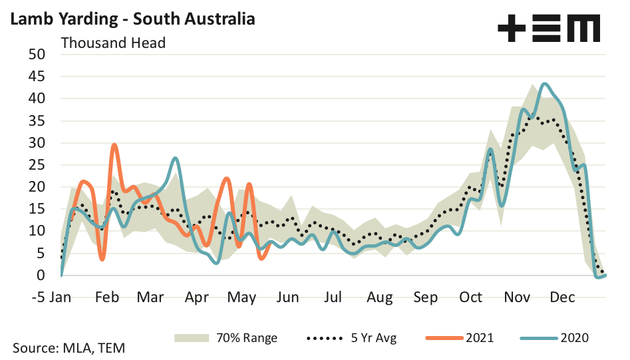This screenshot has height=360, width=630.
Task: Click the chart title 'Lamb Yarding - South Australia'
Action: pos(131,19)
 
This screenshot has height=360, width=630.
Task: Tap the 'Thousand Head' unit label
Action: pos(113,43)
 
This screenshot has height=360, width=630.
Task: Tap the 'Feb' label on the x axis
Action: pos(107,297)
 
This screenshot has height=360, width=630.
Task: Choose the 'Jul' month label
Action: pos(334,297)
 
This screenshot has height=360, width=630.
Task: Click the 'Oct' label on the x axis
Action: pos(470,297)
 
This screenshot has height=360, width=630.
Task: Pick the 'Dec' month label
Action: pos(562,297)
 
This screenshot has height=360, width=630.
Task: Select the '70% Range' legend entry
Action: pos(226,338)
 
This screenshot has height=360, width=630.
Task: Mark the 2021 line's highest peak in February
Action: pos(114,144)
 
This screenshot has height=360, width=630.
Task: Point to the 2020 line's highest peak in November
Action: pos(545,84)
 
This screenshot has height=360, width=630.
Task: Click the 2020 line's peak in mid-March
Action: pos(175,158)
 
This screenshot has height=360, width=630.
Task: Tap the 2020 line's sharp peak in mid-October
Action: pos(490,149)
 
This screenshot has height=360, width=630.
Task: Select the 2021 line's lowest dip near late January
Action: pos(102,259)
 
